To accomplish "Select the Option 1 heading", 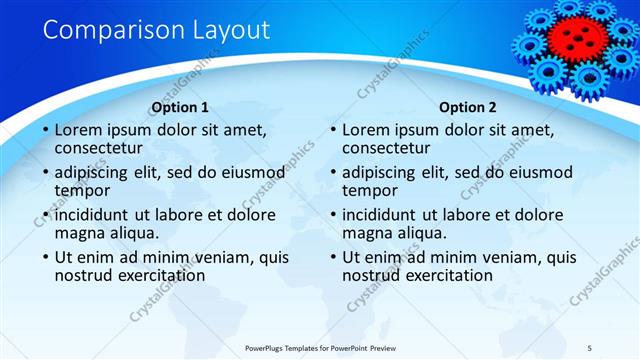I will point(180,107).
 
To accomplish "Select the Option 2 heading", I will point(468,107).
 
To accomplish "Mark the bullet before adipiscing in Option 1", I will point(45,173).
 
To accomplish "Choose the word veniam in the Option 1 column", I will point(225,257).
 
